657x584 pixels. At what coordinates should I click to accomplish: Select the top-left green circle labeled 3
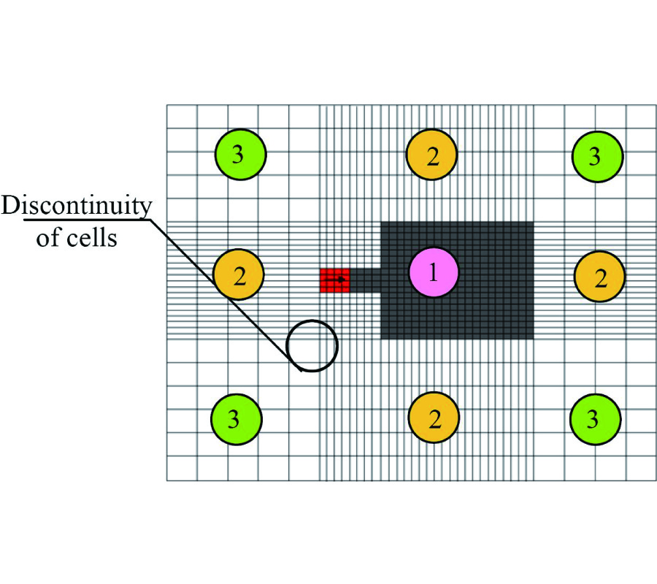pyautogui.click(x=240, y=154)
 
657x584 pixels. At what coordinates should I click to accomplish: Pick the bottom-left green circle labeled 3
pyautogui.click(x=236, y=419)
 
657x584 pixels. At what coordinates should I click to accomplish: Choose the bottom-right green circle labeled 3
pyautogui.click(x=595, y=419)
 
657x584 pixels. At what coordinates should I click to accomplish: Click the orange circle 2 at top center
pyautogui.click(x=432, y=155)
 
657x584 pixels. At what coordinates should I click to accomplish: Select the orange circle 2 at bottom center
pyautogui.click(x=434, y=419)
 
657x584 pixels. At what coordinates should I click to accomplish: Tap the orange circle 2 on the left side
pyautogui.click(x=239, y=275)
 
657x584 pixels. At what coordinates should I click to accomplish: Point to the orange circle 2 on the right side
pyautogui.click(x=600, y=276)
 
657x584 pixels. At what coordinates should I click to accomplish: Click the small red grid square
pyautogui.click(x=333, y=280)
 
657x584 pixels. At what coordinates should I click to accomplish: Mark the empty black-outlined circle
pyautogui.click(x=312, y=345)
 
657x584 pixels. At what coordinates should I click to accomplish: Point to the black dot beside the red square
pyautogui.click(x=340, y=280)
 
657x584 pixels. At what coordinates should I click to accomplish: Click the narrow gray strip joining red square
pyautogui.click(x=365, y=280)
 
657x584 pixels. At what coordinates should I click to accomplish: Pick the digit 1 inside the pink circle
pyautogui.click(x=433, y=272)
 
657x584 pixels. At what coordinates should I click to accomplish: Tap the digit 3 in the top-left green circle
pyautogui.click(x=238, y=155)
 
